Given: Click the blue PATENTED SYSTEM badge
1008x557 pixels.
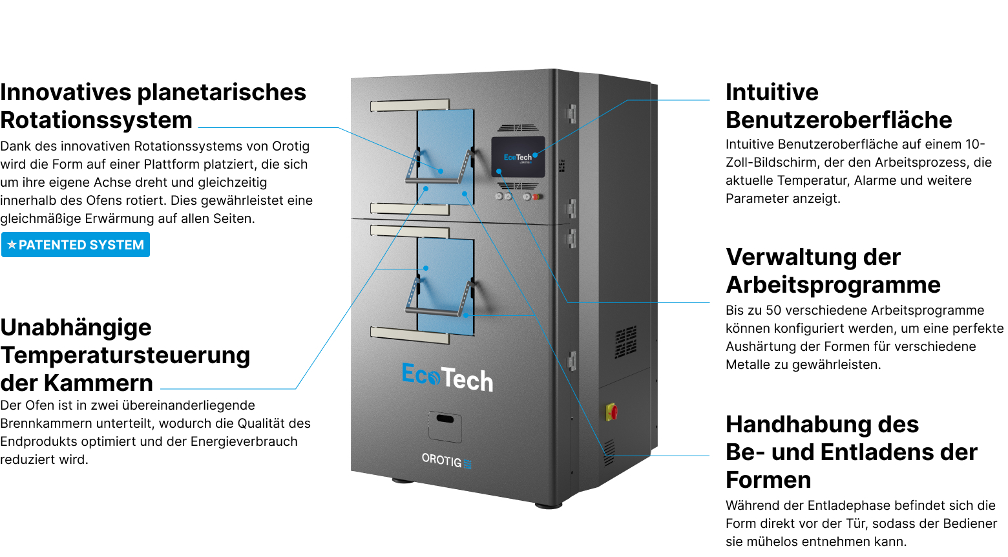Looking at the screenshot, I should pyautogui.click(x=76, y=245).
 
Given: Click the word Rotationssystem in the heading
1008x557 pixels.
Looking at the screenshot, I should pyautogui.click(x=96, y=120).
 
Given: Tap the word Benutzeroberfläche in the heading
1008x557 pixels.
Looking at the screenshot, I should pyautogui.click(x=839, y=120).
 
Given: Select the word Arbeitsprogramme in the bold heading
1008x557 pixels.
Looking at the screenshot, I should pyautogui.click(x=833, y=285).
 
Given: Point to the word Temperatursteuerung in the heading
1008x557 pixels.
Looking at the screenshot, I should pyautogui.click(x=125, y=355).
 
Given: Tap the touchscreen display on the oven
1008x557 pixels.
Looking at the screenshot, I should pyautogui.click(x=518, y=156).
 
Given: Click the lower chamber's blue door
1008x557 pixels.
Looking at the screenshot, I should pyautogui.click(x=445, y=284).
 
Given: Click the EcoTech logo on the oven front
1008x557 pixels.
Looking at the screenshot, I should pyautogui.click(x=447, y=377).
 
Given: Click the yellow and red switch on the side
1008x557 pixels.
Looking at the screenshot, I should pyautogui.click(x=611, y=411).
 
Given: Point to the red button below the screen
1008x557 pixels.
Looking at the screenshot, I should pyautogui.click(x=536, y=196).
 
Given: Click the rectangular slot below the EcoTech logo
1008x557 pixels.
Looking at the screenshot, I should pyautogui.click(x=445, y=419).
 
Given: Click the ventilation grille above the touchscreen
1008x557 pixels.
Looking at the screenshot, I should pyautogui.click(x=517, y=128).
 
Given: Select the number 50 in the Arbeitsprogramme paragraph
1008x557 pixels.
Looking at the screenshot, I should pyautogui.click(x=773, y=311).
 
